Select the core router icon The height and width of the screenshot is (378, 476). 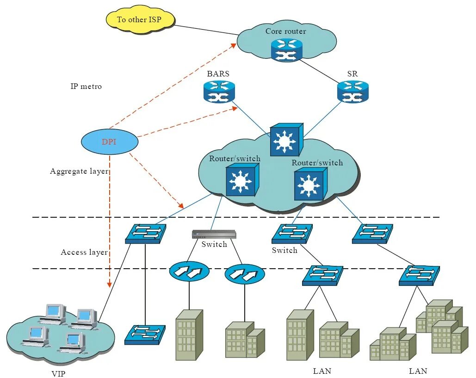tap(287, 50)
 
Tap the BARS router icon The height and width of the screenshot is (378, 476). tap(219, 92)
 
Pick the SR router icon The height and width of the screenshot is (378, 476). tap(353, 92)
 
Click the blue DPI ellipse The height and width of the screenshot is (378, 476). tap(110, 141)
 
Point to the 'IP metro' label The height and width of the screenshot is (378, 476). tap(86, 86)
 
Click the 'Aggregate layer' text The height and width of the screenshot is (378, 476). tap(79, 171)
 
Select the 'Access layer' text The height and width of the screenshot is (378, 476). tap(84, 252)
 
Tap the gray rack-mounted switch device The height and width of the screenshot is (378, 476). tap(214, 234)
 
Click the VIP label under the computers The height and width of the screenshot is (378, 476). tap(58, 373)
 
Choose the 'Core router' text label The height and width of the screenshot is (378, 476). tap(286, 31)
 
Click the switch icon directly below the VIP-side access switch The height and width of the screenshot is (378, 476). tap(145, 335)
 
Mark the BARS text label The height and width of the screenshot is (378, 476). tap(218, 74)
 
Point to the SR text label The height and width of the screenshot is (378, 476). tap(352, 74)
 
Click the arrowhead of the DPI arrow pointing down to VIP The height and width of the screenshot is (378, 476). tap(109, 285)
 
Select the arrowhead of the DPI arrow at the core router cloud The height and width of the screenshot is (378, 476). tap(234, 45)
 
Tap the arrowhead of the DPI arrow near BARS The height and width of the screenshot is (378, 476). tap(235, 108)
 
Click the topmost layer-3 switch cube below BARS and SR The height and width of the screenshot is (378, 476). tap(287, 139)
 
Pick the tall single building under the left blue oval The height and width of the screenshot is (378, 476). tap(189, 335)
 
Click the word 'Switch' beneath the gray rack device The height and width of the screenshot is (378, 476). tap(214, 244)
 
